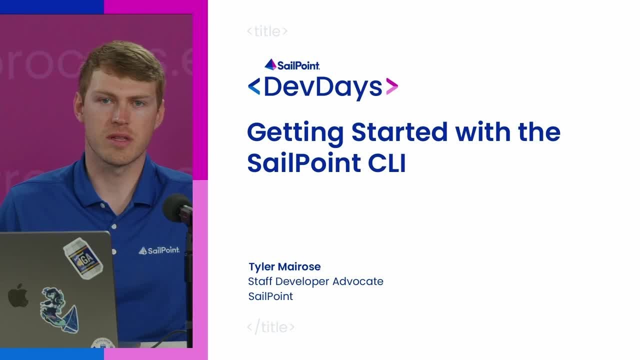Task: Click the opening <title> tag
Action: (x=267, y=31)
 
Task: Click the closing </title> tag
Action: (x=270, y=327)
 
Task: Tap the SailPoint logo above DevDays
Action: (x=292, y=65)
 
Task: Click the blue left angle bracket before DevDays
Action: (x=254, y=87)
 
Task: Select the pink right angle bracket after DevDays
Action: (x=392, y=87)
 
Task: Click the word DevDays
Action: (x=322, y=87)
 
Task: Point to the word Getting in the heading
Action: (x=295, y=133)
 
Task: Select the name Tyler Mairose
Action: (x=284, y=266)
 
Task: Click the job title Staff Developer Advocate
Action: (x=315, y=281)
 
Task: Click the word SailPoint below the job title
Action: (x=270, y=296)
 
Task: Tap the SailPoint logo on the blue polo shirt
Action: (x=159, y=250)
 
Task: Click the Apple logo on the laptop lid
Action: (x=18, y=295)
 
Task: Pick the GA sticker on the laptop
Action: (x=82, y=258)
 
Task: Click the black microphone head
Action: (x=176, y=207)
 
